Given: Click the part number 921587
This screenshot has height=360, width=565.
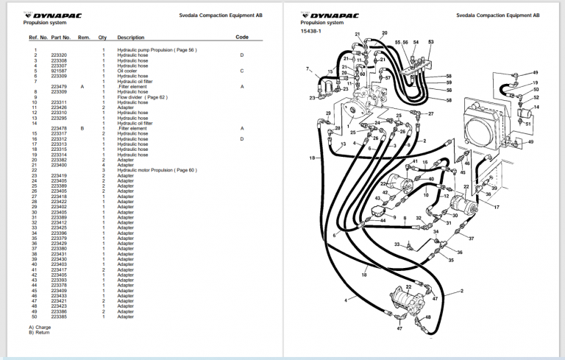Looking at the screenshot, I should pyautogui.click(x=59, y=71).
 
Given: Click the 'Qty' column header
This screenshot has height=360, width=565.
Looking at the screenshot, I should pyautogui.click(x=103, y=37).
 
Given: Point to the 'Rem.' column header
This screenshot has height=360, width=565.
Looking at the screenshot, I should pyautogui.click(x=84, y=37).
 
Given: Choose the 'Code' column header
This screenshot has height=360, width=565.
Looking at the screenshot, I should pyautogui.click(x=242, y=36).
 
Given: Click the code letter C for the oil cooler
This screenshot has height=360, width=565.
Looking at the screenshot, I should pyautogui.click(x=241, y=71).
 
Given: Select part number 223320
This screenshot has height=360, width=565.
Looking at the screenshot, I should pyautogui.click(x=59, y=55).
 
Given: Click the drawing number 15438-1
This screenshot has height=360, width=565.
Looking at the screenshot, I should pyautogui.click(x=311, y=31).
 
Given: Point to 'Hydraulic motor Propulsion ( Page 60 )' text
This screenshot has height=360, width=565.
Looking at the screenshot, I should pyautogui.click(x=157, y=170).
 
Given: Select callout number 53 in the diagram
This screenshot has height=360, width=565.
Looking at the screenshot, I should pyautogui.click(x=430, y=41).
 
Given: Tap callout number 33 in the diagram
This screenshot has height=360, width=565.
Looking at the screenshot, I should pyautogui.click(x=397, y=244).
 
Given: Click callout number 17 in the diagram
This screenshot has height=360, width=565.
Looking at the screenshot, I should pyautogui.click(x=497, y=208).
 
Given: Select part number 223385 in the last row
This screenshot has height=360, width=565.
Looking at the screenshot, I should pyautogui.click(x=59, y=317).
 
